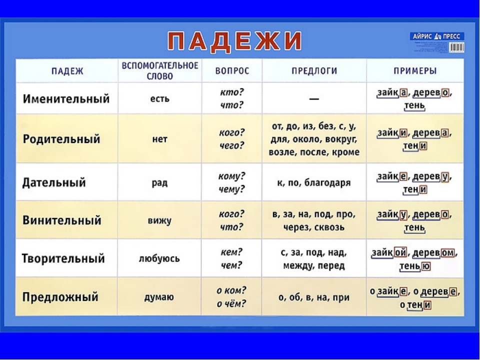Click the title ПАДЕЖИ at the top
point(234,41)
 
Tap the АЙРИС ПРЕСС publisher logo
point(437,36)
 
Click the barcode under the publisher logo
point(456,47)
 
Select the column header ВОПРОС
point(232,71)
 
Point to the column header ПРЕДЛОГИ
point(314,71)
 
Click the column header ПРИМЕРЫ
point(414,71)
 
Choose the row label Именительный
point(66,98)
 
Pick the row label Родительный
point(61,139)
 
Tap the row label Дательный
point(54,182)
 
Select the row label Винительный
point(62,220)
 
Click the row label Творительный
point(63,258)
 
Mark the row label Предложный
point(60,297)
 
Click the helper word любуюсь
point(159,259)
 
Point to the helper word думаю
point(159,297)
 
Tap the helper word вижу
point(159,220)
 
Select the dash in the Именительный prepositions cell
point(314,99)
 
